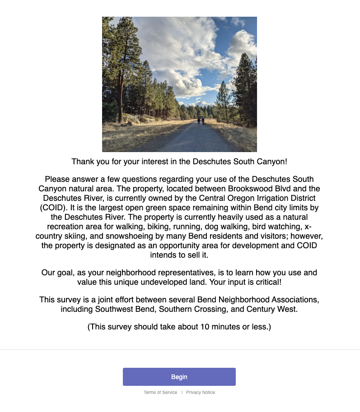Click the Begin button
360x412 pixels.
pos(179,377)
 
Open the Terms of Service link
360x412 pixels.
pos(160,393)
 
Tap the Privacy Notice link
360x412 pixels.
pos(201,393)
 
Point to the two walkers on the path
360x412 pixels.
pos(200,121)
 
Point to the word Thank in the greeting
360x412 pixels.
pos(82,161)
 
